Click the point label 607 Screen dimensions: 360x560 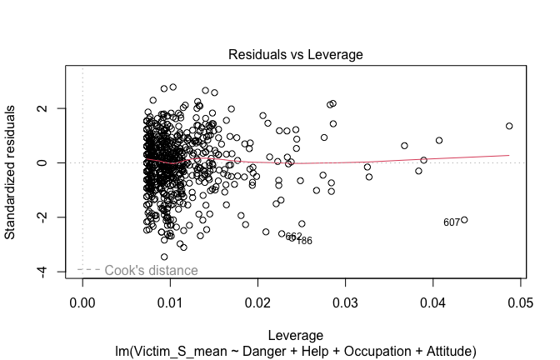[451, 222]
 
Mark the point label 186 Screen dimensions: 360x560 [304, 241]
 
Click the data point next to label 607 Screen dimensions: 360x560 [464, 220]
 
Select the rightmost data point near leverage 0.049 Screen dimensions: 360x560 [509, 127]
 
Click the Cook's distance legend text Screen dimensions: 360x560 [151, 270]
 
